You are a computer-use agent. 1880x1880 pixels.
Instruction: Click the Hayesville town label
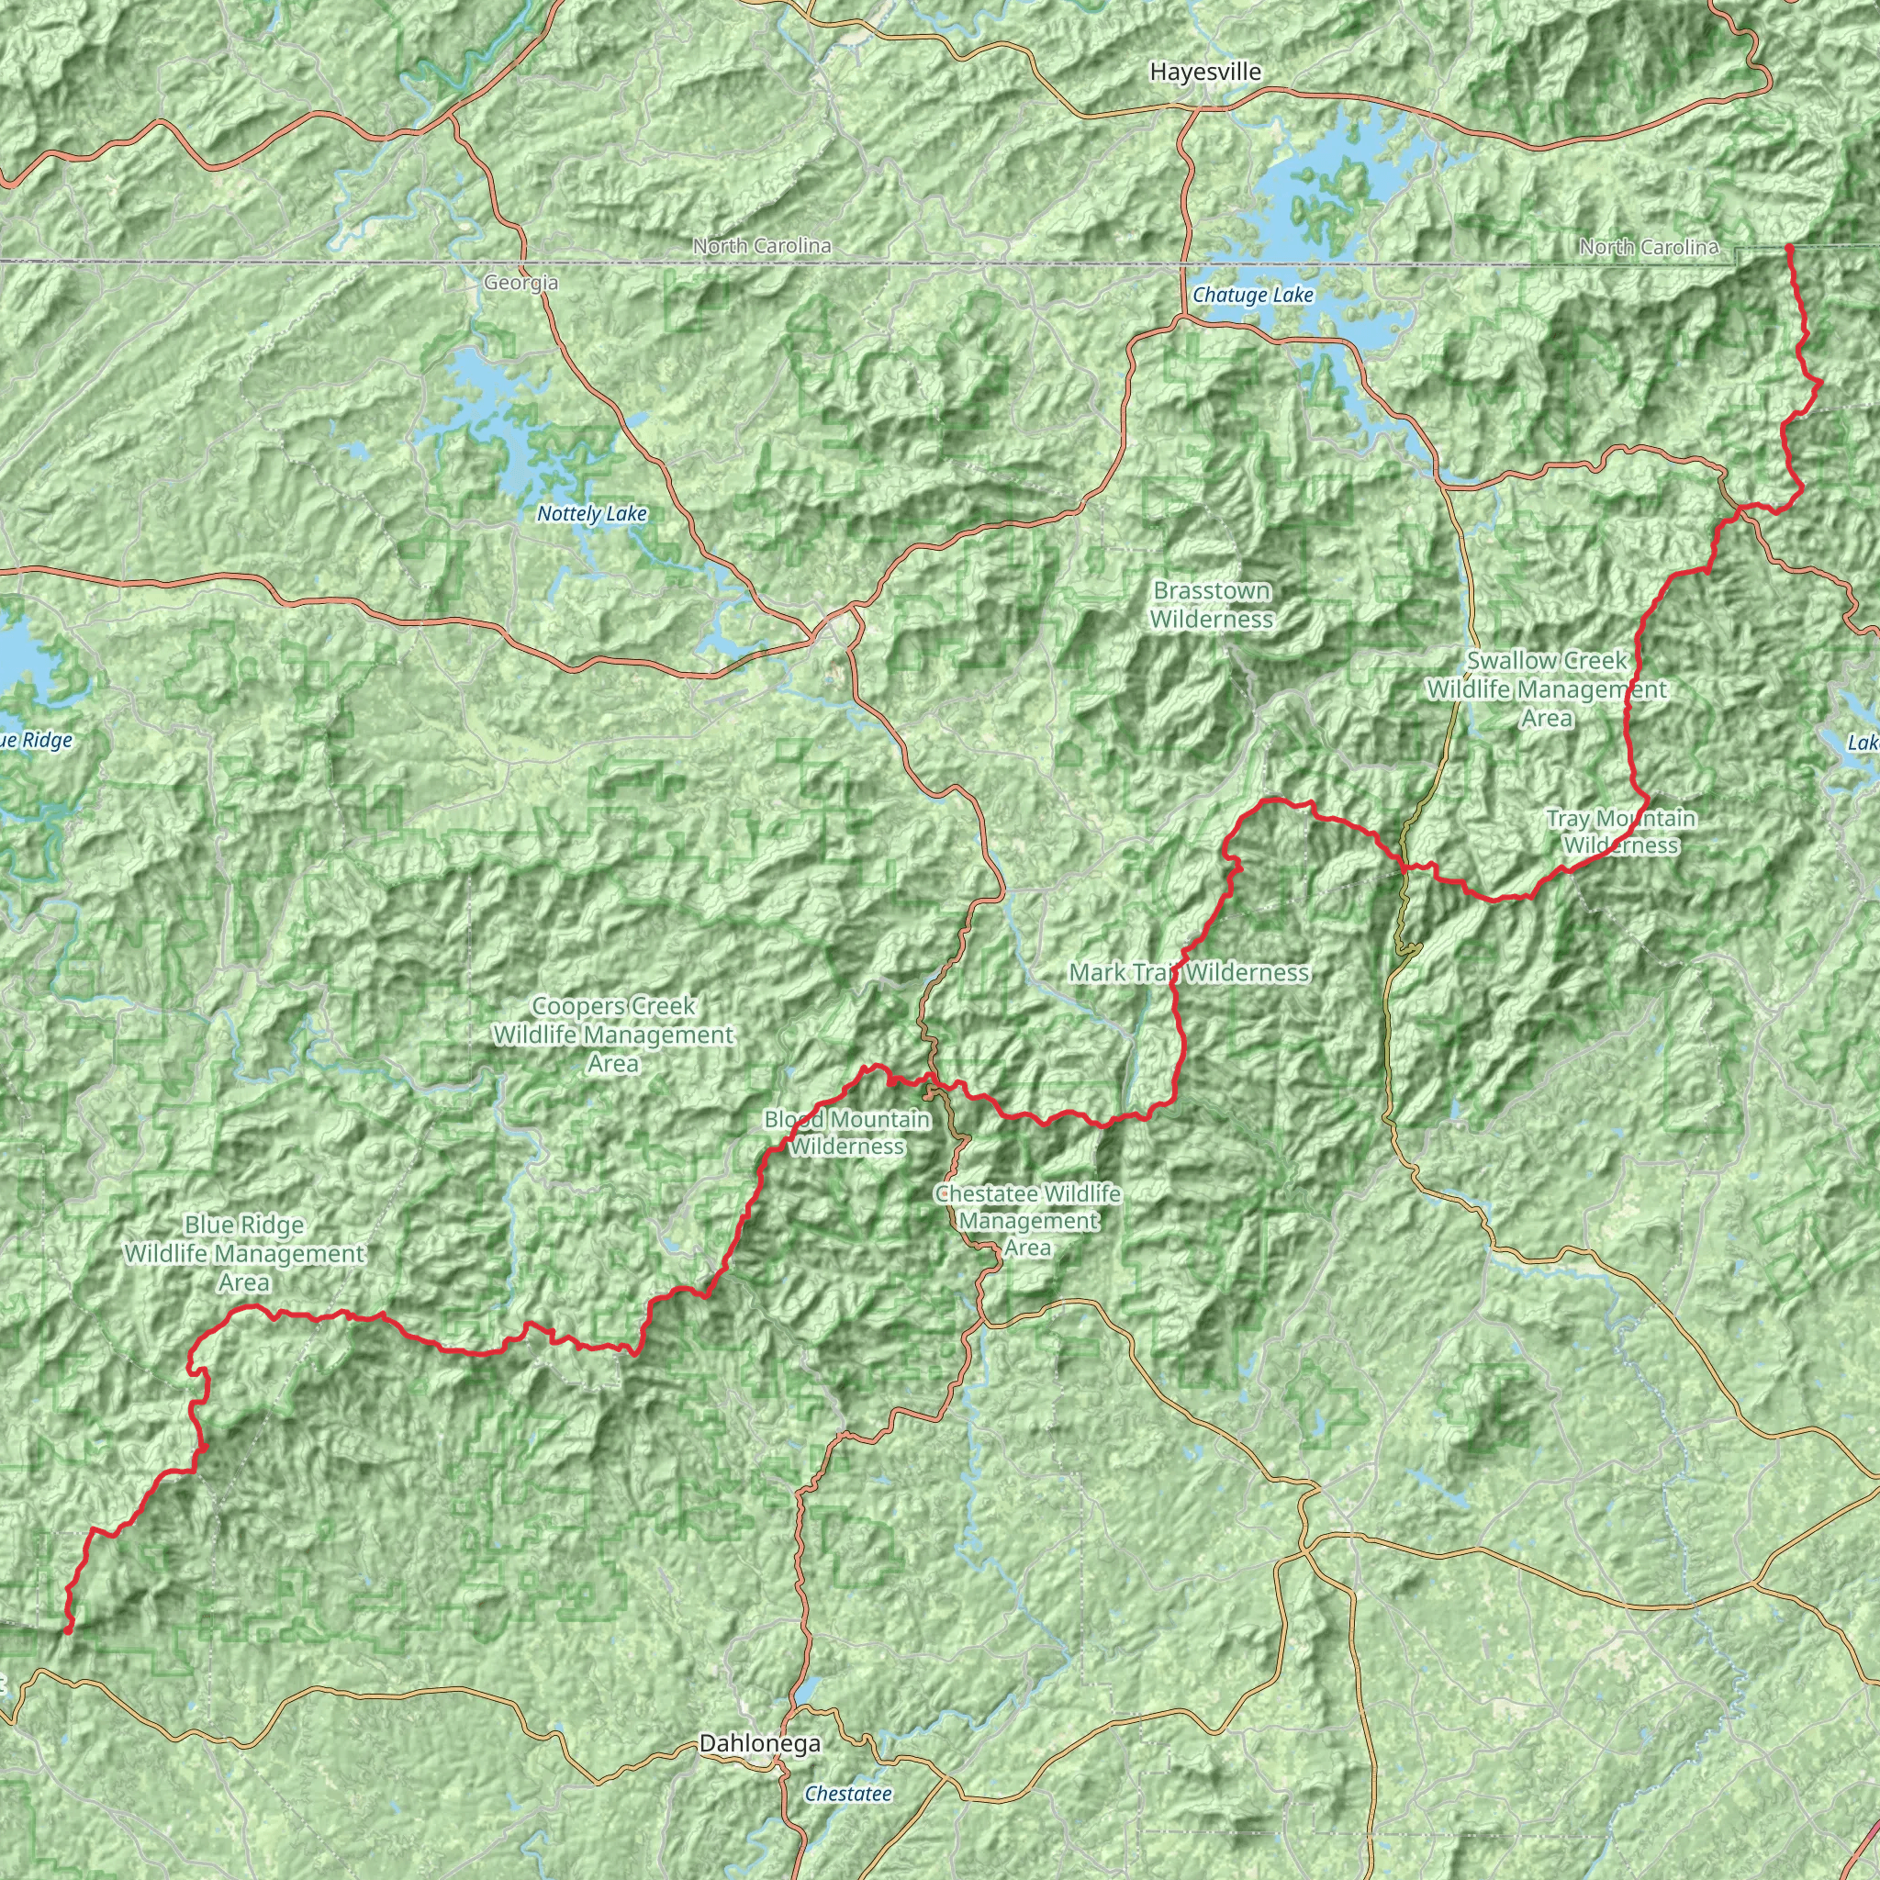click(x=1204, y=72)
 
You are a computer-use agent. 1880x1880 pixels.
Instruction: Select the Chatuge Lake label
click(x=1252, y=295)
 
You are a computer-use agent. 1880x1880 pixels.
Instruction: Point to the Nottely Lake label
click(x=592, y=514)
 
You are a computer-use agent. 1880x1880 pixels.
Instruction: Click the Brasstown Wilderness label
click(x=1212, y=604)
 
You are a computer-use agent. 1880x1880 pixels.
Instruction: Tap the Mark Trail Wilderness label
click(x=1189, y=972)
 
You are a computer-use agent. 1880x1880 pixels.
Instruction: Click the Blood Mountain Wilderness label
click(x=846, y=1133)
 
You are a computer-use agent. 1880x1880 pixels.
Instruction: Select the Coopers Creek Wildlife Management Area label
click(x=613, y=1035)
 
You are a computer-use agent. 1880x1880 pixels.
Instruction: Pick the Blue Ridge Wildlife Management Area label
click(x=244, y=1253)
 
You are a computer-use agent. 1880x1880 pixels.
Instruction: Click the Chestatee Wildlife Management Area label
click(x=1026, y=1220)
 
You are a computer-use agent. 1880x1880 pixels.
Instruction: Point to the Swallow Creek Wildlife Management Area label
click(x=1546, y=689)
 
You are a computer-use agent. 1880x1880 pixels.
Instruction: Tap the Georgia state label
click(x=520, y=283)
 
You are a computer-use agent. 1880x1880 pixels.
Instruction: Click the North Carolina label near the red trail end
click(x=1649, y=247)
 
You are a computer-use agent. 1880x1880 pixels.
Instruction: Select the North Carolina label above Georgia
click(x=762, y=246)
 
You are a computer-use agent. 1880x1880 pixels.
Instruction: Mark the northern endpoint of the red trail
click(x=1788, y=249)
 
